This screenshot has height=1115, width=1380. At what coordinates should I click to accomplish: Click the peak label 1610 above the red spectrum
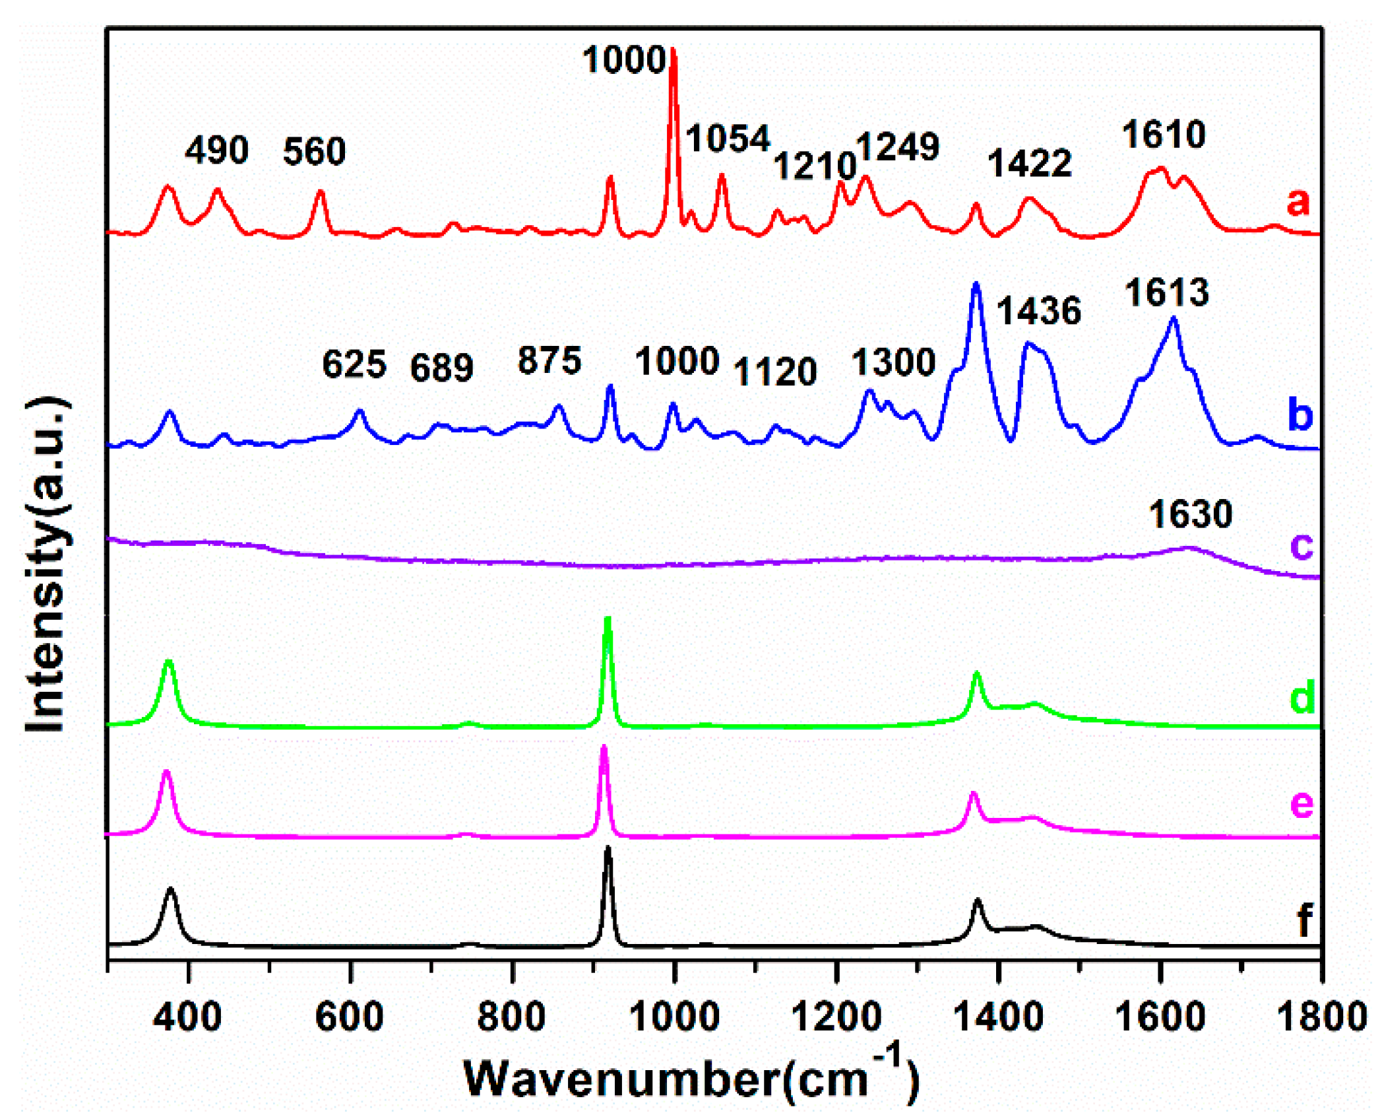tap(1164, 135)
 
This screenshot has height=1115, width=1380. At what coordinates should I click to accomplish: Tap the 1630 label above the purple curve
tap(1190, 514)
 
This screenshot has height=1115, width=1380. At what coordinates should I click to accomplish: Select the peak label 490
tap(216, 151)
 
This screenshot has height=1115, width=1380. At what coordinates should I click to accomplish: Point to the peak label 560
tap(314, 152)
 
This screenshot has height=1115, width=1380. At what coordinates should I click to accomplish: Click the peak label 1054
tap(728, 139)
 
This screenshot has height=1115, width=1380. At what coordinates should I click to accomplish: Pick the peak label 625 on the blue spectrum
tap(354, 365)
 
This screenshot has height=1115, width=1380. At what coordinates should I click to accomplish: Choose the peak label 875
tap(549, 361)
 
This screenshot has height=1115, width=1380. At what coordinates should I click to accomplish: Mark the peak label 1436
tap(1038, 311)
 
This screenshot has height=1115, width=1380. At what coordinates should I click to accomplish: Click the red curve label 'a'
tap(1298, 201)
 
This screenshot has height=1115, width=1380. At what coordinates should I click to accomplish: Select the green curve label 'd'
tap(1302, 697)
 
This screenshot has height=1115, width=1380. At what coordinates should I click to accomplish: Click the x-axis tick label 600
tap(349, 1017)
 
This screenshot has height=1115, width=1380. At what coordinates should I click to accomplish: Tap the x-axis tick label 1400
tap(999, 1017)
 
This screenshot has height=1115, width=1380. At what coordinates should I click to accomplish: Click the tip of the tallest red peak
tap(673, 50)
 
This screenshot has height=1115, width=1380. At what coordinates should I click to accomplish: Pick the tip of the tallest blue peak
tap(976, 284)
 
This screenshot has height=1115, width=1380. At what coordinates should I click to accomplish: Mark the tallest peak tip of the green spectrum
tap(608, 619)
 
